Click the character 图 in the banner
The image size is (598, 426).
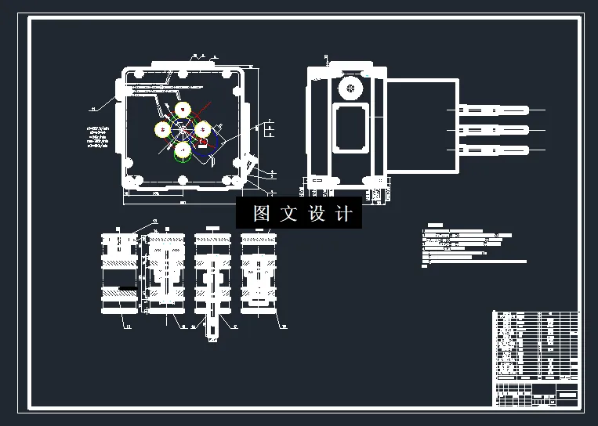click(x=261, y=213)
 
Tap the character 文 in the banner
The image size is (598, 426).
click(x=289, y=213)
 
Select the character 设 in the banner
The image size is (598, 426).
click(x=317, y=213)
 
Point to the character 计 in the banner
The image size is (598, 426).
click(x=345, y=213)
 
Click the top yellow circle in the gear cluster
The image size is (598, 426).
click(x=183, y=110)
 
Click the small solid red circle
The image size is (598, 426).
click(x=203, y=143)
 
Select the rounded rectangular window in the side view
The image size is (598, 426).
click(x=350, y=128)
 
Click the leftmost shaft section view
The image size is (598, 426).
click(x=118, y=274)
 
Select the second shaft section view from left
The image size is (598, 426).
click(x=165, y=274)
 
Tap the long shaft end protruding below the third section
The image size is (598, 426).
click(x=212, y=330)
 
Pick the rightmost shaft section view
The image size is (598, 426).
click(x=259, y=274)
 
